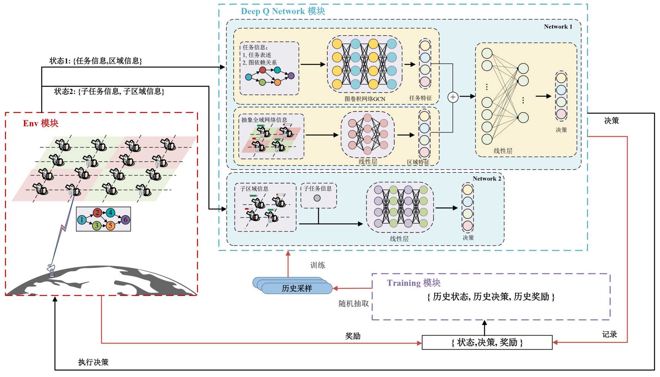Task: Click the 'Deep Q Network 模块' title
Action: pos(283,11)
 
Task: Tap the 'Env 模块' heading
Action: pos(41,123)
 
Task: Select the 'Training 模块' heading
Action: pos(413,283)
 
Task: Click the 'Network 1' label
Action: pos(558,27)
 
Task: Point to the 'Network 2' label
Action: pos(487,179)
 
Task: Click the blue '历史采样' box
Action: pos(297,288)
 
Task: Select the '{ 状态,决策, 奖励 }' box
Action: pos(487,342)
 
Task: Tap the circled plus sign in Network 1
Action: pos(453,97)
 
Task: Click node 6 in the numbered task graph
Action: pos(125,220)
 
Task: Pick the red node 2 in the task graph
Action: pos(97,213)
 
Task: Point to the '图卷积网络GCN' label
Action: pos(365,99)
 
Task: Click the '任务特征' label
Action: pos(420,98)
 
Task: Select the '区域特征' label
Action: pos(418,162)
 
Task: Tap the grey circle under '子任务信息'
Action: pos(317,198)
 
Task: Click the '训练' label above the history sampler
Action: pos(317,265)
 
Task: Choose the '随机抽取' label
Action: pos(353,303)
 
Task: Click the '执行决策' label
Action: pos(93,362)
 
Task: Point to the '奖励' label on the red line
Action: pos(352,336)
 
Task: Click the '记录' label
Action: pos(609,334)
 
